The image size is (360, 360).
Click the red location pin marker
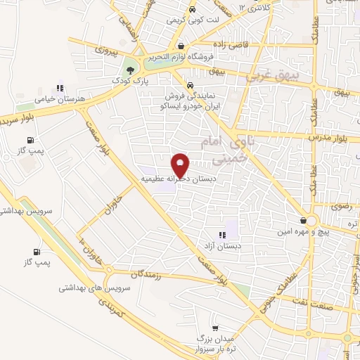[181, 165]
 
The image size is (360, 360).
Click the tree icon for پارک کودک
[129, 69]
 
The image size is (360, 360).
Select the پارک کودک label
[129, 82]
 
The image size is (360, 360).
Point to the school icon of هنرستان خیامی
[60, 89]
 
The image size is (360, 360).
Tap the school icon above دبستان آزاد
[222, 235]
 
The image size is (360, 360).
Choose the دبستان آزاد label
[222, 247]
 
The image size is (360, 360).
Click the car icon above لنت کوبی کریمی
[192, 10]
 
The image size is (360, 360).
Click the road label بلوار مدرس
[333, 139]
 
